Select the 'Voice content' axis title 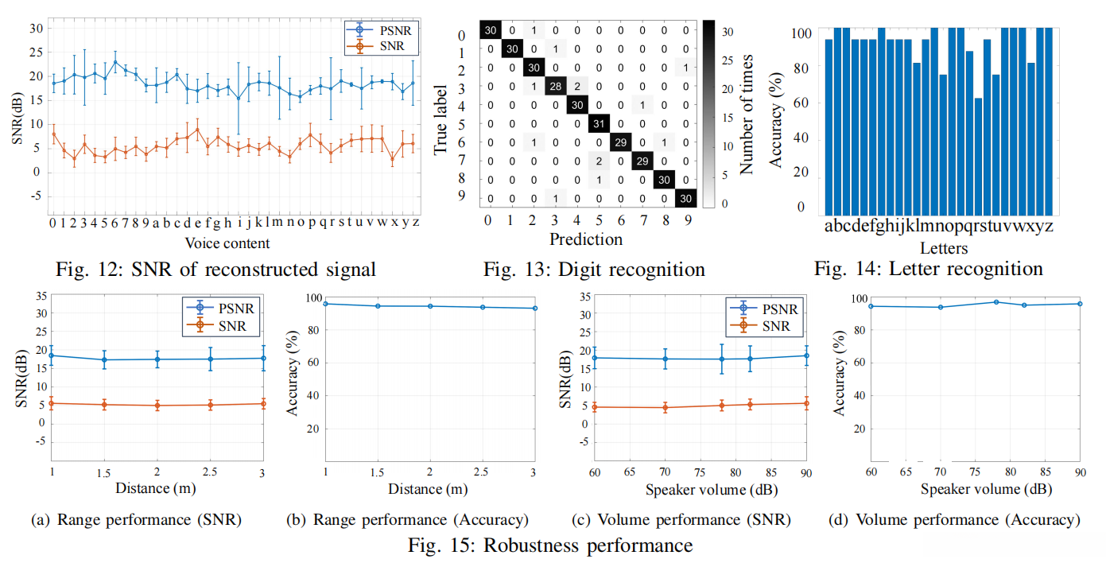227,243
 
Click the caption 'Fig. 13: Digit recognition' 594,270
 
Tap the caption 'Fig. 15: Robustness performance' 549,546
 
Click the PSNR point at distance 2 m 157,359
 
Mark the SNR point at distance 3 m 262,403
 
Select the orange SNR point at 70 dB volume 665,407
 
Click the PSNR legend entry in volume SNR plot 763,309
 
